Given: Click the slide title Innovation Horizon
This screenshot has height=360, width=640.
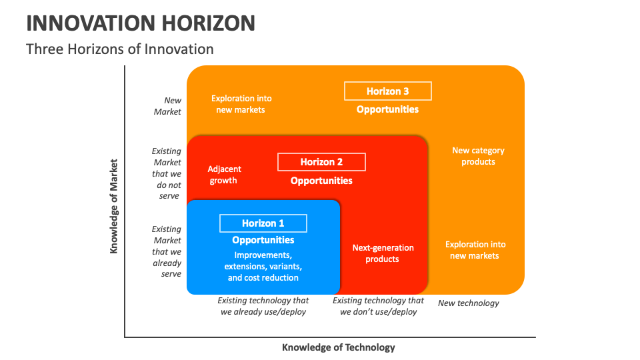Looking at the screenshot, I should click(x=141, y=23).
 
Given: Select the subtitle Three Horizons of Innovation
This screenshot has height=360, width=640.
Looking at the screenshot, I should click(x=120, y=49).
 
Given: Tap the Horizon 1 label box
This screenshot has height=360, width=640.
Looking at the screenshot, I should click(x=263, y=223).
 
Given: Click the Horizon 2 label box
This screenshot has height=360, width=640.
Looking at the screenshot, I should click(x=321, y=162).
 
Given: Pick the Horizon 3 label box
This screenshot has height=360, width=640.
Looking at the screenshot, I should click(x=387, y=91).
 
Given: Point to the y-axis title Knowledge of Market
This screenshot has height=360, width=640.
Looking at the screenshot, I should click(x=114, y=205).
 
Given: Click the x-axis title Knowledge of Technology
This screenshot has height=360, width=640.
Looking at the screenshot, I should click(x=338, y=347).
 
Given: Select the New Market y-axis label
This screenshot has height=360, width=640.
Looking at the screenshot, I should click(x=167, y=106).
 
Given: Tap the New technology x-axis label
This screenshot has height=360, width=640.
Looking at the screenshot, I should click(x=468, y=303).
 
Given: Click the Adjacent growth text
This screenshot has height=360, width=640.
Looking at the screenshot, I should click(x=224, y=175).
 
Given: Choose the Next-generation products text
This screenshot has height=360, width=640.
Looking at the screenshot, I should click(x=383, y=253).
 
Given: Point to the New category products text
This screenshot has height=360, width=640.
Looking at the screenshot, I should click(x=478, y=156).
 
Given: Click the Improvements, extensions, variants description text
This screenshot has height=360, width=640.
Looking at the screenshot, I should click(x=263, y=266).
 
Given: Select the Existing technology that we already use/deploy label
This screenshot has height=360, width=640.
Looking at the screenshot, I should click(x=263, y=306).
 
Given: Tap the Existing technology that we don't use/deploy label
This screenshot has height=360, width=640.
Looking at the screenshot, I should click(x=378, y=306).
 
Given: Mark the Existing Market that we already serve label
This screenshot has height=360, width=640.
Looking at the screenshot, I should click(x=167, y=251).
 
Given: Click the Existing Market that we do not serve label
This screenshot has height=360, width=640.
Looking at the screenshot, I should click(x=167, y=173).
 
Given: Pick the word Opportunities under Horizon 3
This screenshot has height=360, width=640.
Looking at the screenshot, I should click(x=387, y=109).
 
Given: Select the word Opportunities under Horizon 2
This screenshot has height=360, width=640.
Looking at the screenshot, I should click(x=321, y=181).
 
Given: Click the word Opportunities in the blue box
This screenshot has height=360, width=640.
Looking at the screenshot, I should click(x=263, y=240).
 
